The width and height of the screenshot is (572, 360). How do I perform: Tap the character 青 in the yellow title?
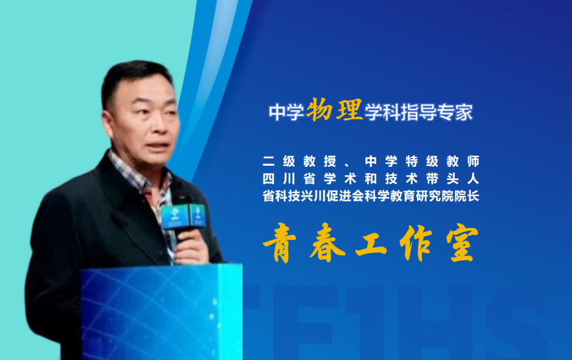coord(281,246)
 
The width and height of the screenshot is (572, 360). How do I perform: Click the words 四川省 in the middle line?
coord(289,178)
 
